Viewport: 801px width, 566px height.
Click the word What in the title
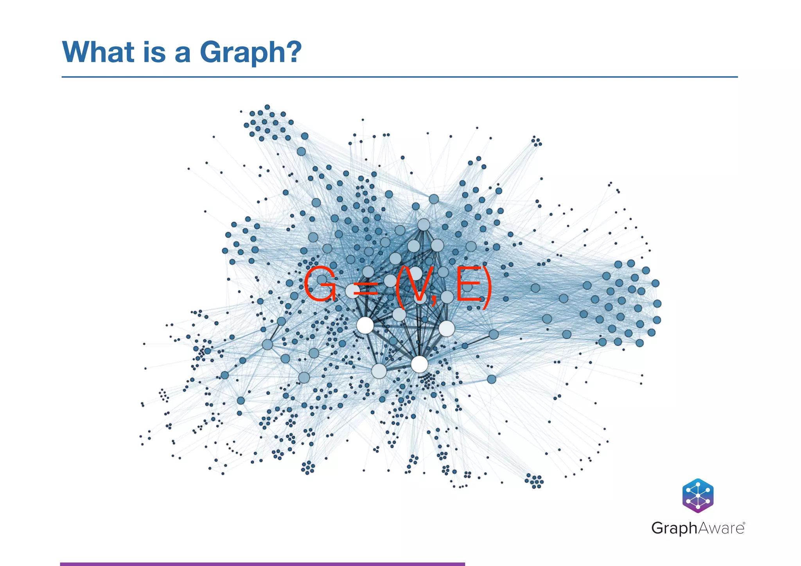(98, 52)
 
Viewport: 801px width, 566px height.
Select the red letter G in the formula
(320, 285)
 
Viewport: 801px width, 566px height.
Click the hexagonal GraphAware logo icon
(698, 495)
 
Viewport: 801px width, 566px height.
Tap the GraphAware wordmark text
(698, 528)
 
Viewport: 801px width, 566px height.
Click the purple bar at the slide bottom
(262, 564)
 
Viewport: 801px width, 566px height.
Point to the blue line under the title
(399, 77)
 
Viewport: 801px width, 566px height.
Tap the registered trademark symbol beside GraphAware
(744, 523)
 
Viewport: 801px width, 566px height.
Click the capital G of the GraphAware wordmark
(659, 528)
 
